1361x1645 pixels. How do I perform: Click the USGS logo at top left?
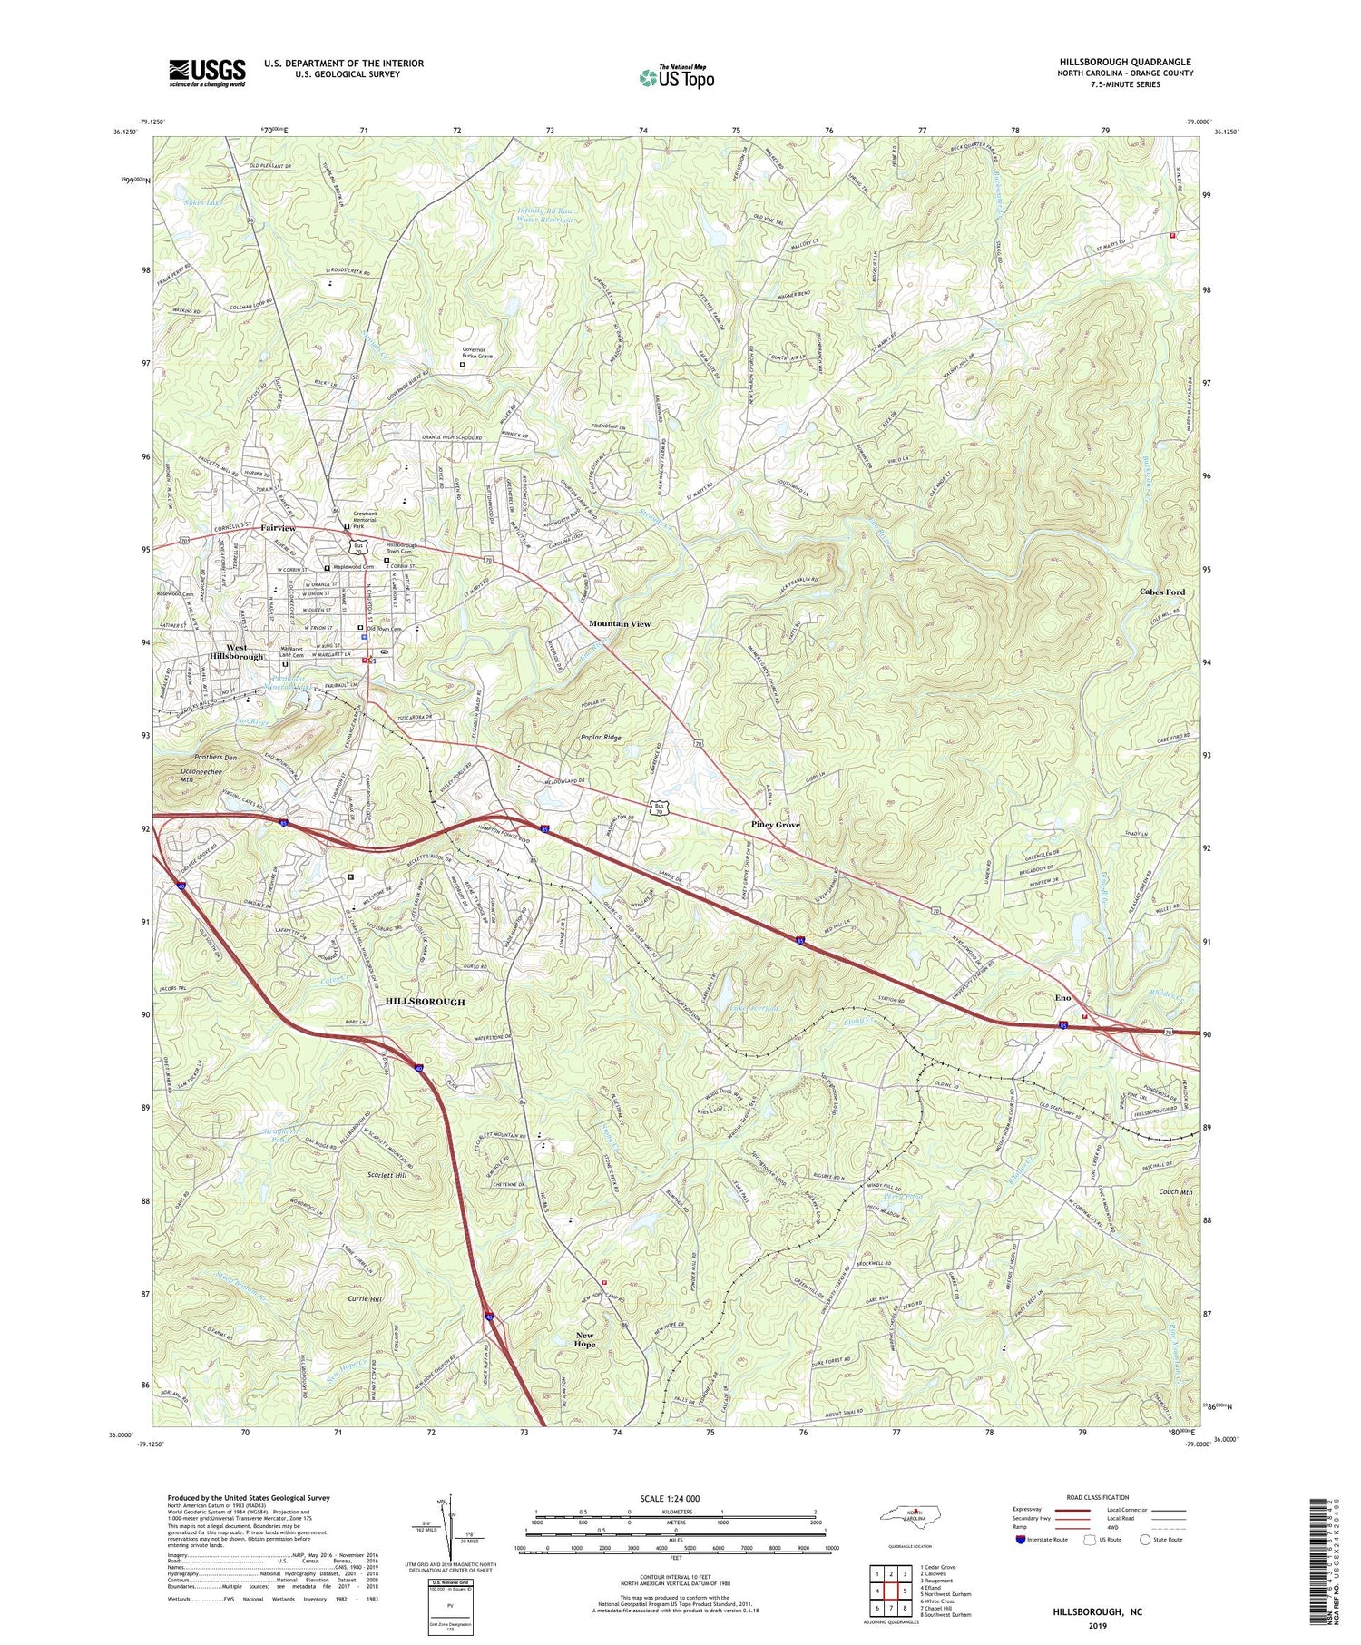[x=207, y=73]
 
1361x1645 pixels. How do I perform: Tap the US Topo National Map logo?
[x=676, y=78]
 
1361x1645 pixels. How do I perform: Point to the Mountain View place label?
[x=619, y=624]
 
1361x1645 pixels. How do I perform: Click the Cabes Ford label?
[x=1161, y=592]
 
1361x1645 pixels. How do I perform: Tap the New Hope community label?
[x=585, y=1340]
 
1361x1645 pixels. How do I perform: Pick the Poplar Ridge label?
[x=601, y=739]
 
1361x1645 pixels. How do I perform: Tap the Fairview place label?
[x=278, y=528]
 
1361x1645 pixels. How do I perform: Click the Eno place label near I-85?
[x=1062, y=998]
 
